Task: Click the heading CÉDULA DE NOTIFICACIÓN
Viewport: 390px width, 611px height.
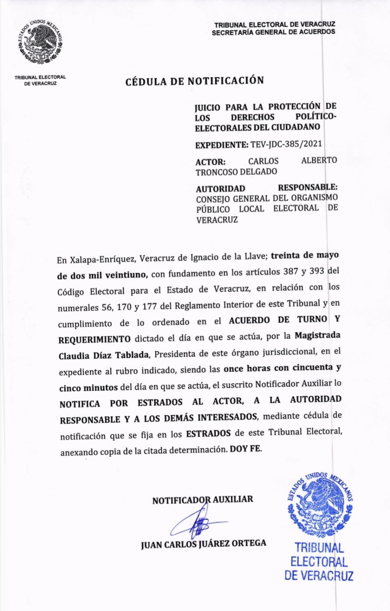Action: [x=195, y=81]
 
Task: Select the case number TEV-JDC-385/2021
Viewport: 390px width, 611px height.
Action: [x=286, y=144]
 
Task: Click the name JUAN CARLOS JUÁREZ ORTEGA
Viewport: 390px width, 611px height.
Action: [x=203, y=544]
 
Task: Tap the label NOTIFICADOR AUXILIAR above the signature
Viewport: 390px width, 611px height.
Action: [x=202, y=500]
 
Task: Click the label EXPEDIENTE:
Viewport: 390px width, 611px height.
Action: [x=222, y=145]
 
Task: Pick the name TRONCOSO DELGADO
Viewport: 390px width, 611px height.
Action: [x=236, y=172]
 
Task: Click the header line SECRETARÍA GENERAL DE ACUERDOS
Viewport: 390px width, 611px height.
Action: [x=273, y=32]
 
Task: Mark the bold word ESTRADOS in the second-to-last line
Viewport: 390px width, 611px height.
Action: [x=208, y=433]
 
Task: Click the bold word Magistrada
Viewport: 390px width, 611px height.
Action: [x=317, y=336]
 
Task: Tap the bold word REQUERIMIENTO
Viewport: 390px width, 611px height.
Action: [x=94, y=339]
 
